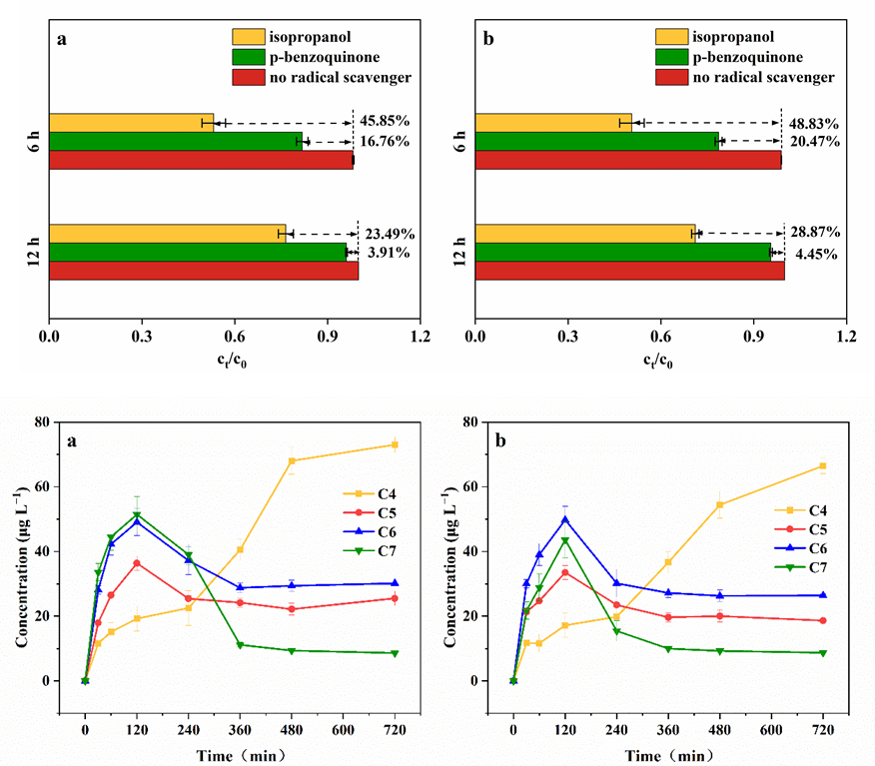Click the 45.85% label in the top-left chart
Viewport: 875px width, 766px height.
[x=385, y=122]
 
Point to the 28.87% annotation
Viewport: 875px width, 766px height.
[x=812, y=232]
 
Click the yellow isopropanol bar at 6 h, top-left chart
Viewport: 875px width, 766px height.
[x=131, y=122]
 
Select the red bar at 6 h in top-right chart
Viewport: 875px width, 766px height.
[x=628, y=160]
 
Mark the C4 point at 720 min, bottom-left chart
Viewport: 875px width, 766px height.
[x=395, y=445]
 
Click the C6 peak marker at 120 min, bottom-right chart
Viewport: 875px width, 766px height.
[x=565, y=519]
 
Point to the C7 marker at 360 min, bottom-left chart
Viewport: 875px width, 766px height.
[x=240, y=645]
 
